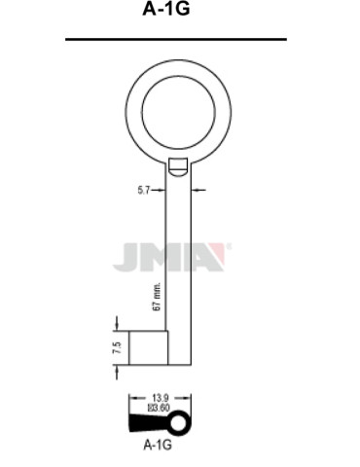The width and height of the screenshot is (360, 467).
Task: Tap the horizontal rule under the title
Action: (177, 40)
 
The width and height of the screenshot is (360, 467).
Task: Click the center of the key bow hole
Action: (178, 109)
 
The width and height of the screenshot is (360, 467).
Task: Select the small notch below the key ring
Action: (179, 167)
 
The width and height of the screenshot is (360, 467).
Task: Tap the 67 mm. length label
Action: (157, 294)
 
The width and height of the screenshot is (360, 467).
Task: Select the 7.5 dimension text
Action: (116, 347)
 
